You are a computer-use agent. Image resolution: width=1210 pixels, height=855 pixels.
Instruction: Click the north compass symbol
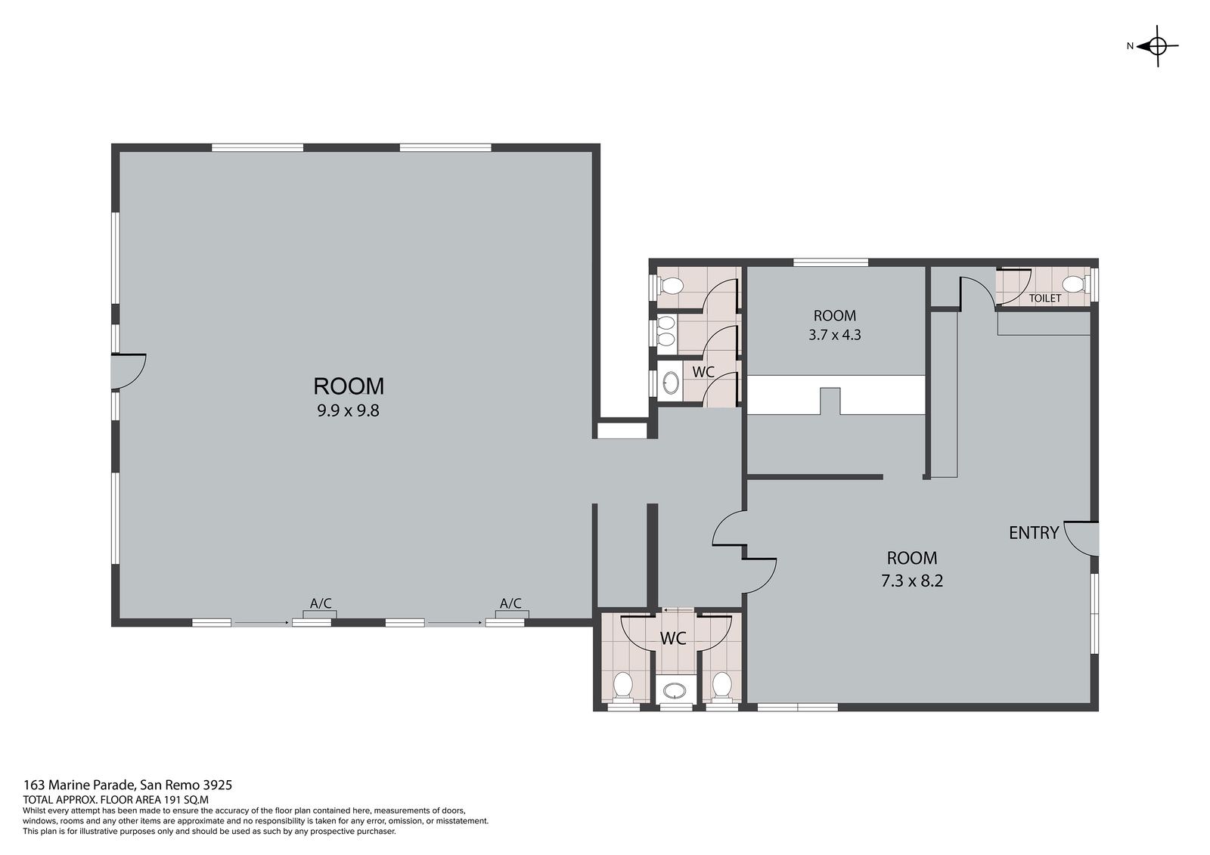point(1157,46)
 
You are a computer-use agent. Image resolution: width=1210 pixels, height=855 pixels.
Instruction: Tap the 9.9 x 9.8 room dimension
point(348,411)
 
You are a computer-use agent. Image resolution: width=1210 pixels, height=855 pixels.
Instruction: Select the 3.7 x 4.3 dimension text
point(835,335)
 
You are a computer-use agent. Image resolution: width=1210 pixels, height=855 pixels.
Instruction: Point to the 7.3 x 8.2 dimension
point(912,581)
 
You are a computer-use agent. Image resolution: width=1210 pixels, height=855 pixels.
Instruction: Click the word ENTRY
point(1034,533)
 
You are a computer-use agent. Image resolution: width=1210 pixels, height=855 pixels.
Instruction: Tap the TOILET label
point(1044,298)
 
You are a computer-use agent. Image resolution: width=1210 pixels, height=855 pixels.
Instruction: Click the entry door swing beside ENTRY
point(1081,538)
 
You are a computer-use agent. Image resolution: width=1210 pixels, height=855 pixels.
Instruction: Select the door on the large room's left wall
point(129,372)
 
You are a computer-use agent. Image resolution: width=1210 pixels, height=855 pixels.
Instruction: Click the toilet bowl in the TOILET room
point(1075,284)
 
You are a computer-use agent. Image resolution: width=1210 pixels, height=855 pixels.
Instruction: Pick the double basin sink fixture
point(666,331)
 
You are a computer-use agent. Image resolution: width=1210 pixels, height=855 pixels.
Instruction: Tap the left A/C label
point(321,603)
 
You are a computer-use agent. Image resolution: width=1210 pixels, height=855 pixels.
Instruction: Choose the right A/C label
point(510,603)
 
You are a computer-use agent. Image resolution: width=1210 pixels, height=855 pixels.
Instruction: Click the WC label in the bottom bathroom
point(673,638)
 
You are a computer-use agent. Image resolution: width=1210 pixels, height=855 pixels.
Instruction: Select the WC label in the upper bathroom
point(703,372)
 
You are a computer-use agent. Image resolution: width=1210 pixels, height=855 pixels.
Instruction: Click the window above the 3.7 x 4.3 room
point(831,262)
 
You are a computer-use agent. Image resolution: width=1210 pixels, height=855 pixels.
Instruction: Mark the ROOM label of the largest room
point(349,387)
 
